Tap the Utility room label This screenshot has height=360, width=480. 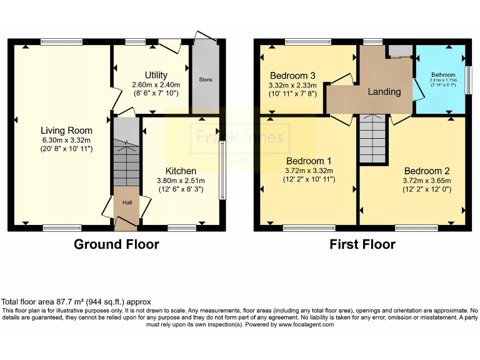point(156,75)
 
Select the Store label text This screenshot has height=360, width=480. point(206,80)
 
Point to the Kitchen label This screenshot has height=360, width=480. point(181,171)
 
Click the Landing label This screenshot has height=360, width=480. point(384,92)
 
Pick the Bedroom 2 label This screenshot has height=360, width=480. point(427,171)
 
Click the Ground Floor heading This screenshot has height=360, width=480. point(116,244)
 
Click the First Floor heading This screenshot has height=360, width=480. point(362,244)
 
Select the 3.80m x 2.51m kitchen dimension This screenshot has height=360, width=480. point(181,181)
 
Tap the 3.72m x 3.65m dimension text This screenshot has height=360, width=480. point(427,181)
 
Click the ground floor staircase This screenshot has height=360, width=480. point(127,162)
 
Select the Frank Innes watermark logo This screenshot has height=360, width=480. point(240,137)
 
